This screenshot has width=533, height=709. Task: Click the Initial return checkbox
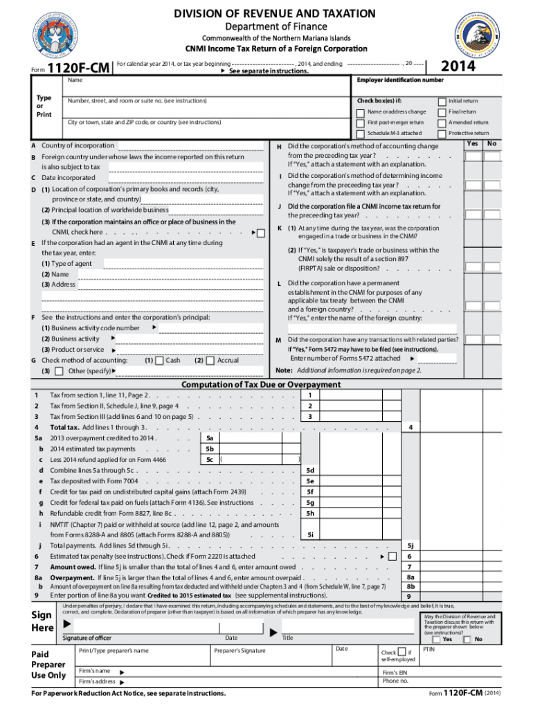(x=442, y=101)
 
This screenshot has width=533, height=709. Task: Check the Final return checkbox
(x=442, y=111)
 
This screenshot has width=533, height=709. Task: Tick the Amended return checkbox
(x=442, y=123)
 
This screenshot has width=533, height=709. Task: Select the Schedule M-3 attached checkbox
(x=360, y=133)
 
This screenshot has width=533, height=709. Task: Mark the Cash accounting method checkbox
(x=160, y=361)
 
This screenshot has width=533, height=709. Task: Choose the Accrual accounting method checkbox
(x=210, y=361)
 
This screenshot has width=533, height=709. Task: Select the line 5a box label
(x=209, y=438)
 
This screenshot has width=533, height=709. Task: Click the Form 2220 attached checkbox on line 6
(x=392, y=557)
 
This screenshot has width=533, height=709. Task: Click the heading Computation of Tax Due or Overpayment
(x=266, y=385)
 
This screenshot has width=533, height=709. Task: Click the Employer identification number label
(x=399, y=80)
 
